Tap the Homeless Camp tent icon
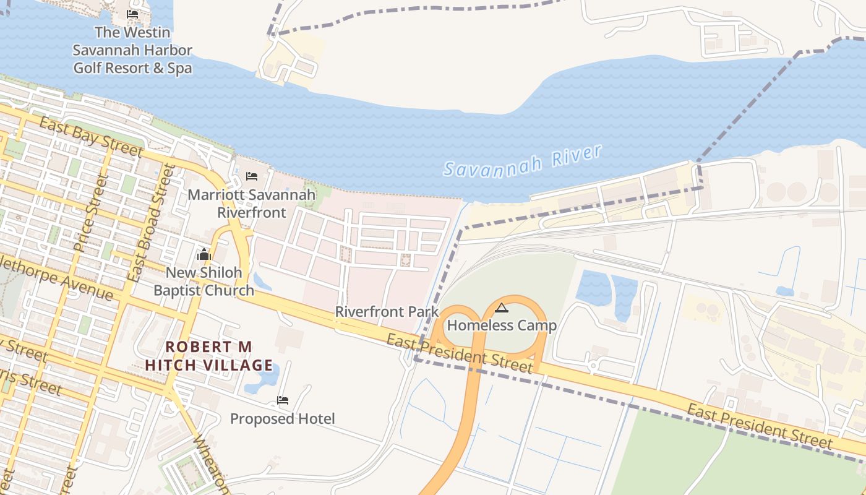point(502,308)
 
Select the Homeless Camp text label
point(502,325)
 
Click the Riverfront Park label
point(387,312)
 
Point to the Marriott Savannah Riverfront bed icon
point(251,176)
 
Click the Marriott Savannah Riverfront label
point(252,204)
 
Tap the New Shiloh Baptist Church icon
point(204,254)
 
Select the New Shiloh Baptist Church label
point(204,282)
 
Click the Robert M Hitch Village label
point(209,356)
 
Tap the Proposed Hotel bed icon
point(283,400)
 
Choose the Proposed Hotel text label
point(283,419)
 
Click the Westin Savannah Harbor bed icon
point(132,14)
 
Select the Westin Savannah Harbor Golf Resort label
point(132,50)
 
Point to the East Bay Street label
point(91,136)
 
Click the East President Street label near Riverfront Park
point(459,353)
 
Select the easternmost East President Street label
point(760,427)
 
